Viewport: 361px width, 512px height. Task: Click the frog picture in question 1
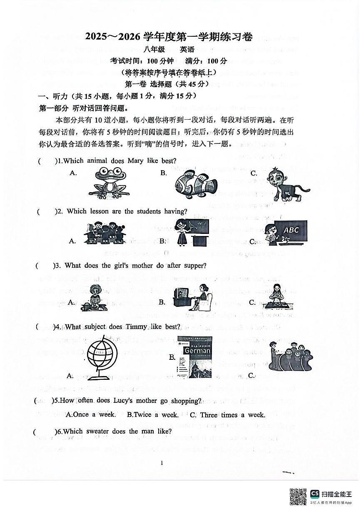(109, 182)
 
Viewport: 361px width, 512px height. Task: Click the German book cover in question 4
(194, 357)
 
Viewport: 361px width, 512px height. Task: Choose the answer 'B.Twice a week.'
(153, 415)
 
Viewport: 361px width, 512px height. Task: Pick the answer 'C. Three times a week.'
(227, 415)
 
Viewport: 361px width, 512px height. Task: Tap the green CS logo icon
(315, 494)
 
